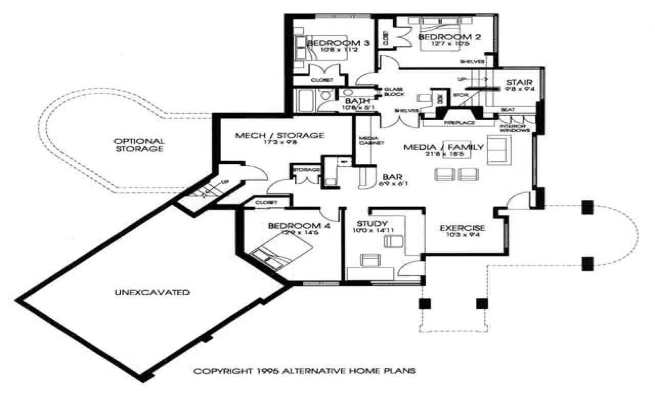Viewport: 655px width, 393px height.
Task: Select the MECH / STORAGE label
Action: click(x=279, y=136)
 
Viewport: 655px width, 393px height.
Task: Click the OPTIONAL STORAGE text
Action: click(x=139, y=145)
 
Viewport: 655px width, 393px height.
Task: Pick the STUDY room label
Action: click(x=373, y=223)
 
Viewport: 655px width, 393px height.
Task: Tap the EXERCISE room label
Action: click(x=463, y=228)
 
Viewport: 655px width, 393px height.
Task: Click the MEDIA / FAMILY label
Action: click(x=444, y=147)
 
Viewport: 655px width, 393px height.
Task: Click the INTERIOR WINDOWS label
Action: click(x=514, y=128)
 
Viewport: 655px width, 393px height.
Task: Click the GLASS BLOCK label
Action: click(x=395, y=92)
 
